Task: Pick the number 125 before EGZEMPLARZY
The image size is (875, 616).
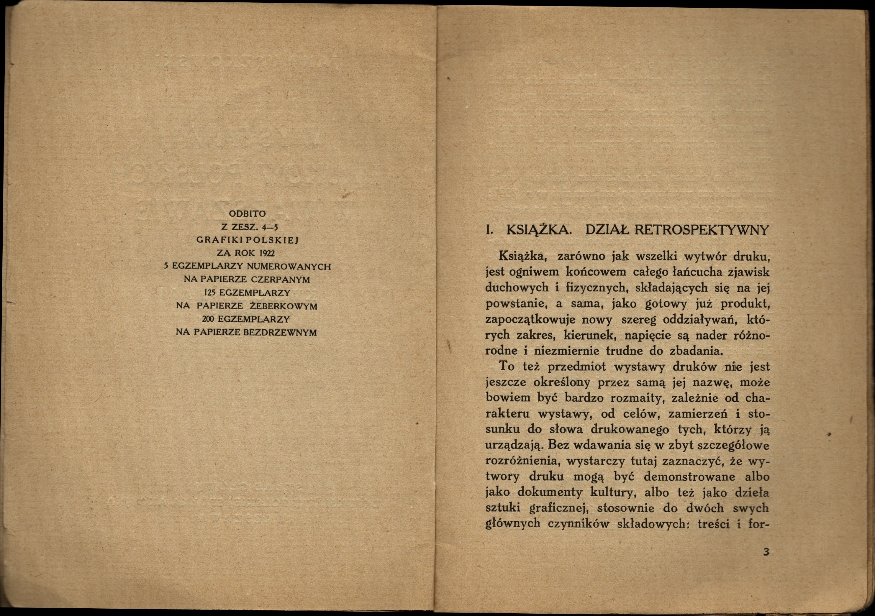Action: pyautogui.click(x=209, y=293)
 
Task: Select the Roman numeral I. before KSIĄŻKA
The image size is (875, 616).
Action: pyautogui.click(x=489, y=231)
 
